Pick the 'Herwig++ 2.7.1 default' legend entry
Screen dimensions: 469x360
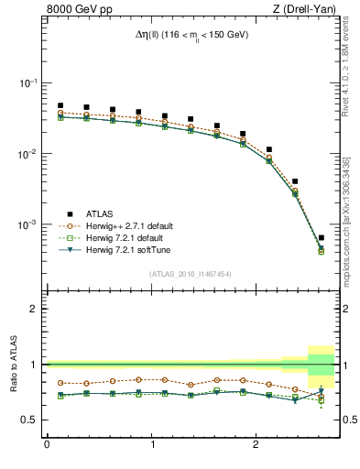click(x=119, y=225)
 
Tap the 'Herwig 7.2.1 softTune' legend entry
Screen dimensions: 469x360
click(x=119, y=249)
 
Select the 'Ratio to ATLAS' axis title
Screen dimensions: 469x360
click(x=12, y=365)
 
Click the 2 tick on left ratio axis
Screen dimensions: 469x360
click(x=35, y=309)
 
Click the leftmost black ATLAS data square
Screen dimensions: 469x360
click(x=60, y=105)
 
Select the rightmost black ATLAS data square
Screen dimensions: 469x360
click(x=321, y=238)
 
